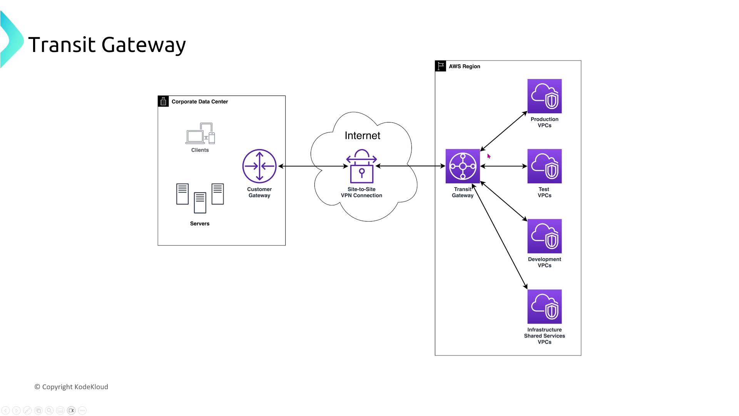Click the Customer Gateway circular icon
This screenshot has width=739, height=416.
[259, 166]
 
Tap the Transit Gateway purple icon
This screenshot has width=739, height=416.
[463, 166]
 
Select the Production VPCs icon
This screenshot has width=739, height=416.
[544, 96]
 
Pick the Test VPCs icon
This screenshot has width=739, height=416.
[544, 166]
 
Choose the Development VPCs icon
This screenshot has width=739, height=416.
[544, 236]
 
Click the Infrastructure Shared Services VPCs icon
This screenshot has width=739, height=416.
[544, 307]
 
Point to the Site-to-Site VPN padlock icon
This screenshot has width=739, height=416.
[361, 166]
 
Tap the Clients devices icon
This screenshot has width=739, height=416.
[200, 133]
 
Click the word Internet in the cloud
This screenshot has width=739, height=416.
[362, 136]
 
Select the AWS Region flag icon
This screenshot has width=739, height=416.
[441, 66]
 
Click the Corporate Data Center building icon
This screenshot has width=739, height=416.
[163, 101]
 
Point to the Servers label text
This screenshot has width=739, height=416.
[200, 223]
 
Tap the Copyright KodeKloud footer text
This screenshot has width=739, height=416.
[72, 387]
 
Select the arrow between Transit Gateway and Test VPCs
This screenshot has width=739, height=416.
[503, 166]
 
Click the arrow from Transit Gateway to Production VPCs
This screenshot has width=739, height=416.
[503, 131]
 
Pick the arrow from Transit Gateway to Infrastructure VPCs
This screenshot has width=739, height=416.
[500, 236]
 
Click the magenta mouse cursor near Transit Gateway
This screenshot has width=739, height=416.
[489, 156]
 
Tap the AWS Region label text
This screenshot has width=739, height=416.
[464, 66]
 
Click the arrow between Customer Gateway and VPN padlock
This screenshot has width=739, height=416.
[313, 166]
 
